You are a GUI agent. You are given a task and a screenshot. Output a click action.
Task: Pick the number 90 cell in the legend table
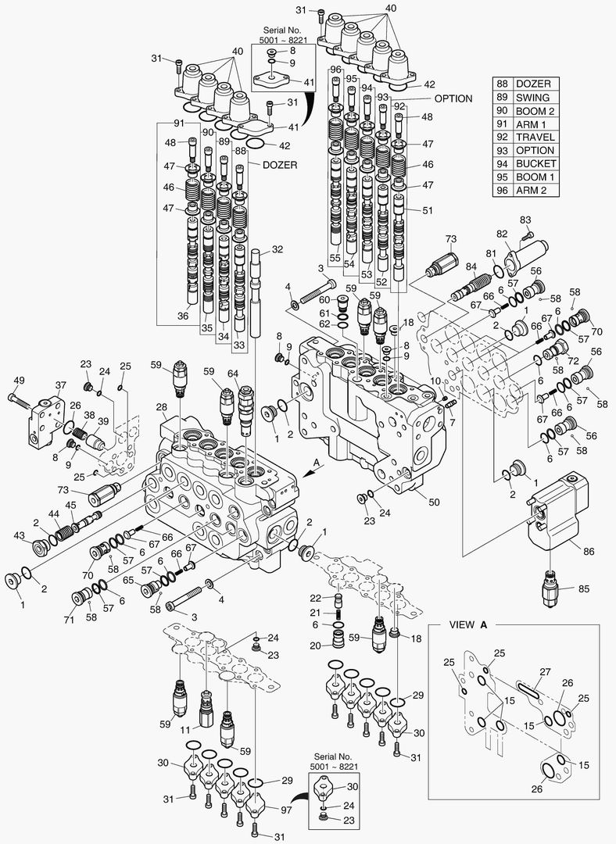pos(502,111)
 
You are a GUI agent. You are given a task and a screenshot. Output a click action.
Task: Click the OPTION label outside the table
pos(453,99)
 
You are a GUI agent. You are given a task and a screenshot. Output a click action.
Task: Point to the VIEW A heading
pos(469,625)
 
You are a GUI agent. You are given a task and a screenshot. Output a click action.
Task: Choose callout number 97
pos(286,810)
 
